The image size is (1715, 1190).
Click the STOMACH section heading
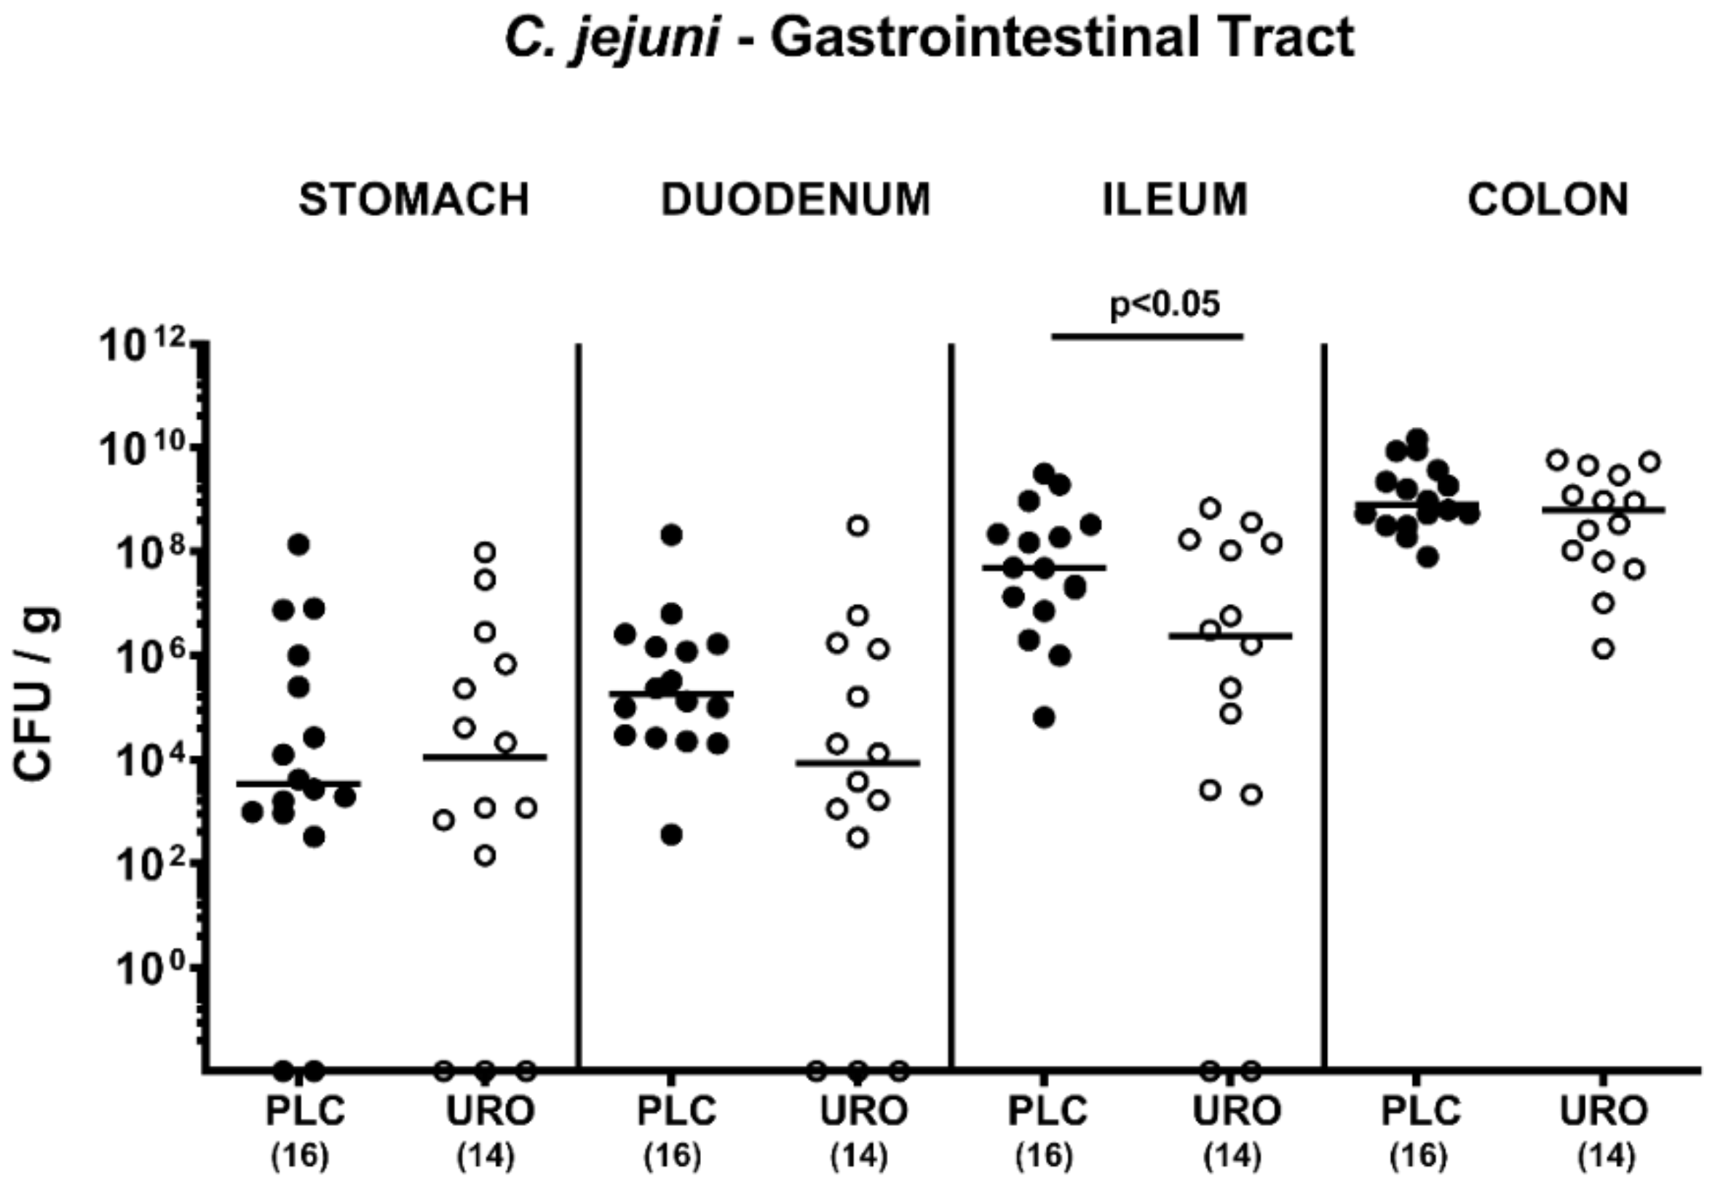tap(414, 200)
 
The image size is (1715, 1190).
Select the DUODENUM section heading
tap(795, 200)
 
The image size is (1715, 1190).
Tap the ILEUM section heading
tap(1175, 200)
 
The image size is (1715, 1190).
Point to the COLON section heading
tap(1548, 200)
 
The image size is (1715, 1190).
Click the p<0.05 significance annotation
tap(1165, 304)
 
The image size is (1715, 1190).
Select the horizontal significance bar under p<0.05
tap(1147, 336)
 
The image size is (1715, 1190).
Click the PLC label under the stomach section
tap(305, 1111)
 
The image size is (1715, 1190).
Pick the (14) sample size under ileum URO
tap(1232, 1157)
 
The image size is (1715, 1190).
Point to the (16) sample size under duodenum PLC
tap(672, 1157)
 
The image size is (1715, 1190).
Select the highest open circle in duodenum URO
tap(858, 526)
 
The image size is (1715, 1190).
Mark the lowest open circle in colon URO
tap(1604, 650)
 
